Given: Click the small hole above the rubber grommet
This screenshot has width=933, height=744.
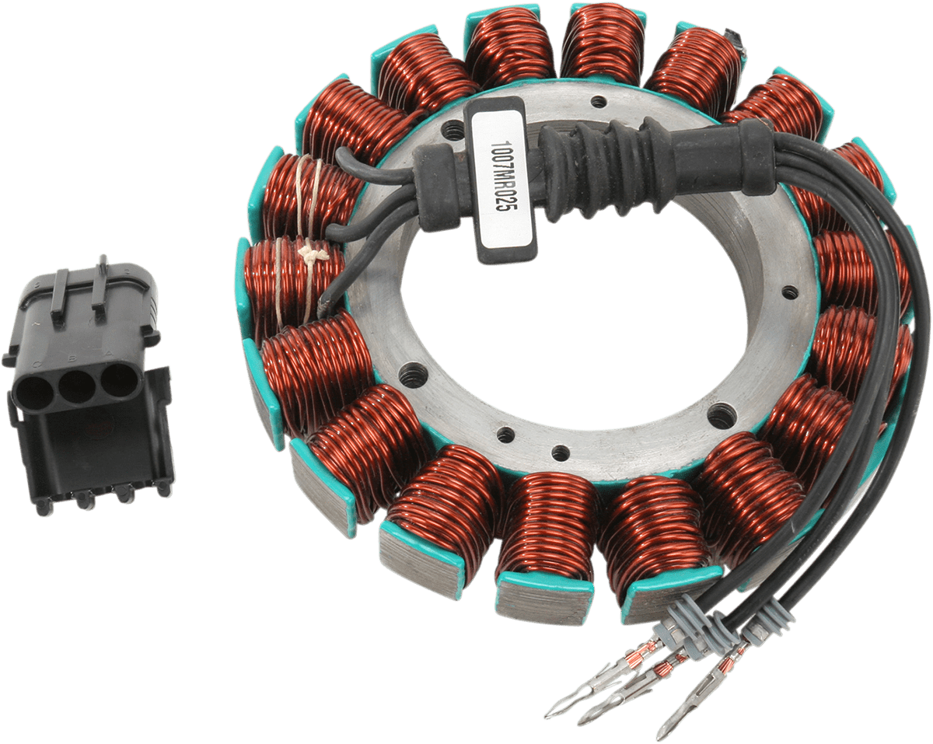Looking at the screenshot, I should coord(598,100).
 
